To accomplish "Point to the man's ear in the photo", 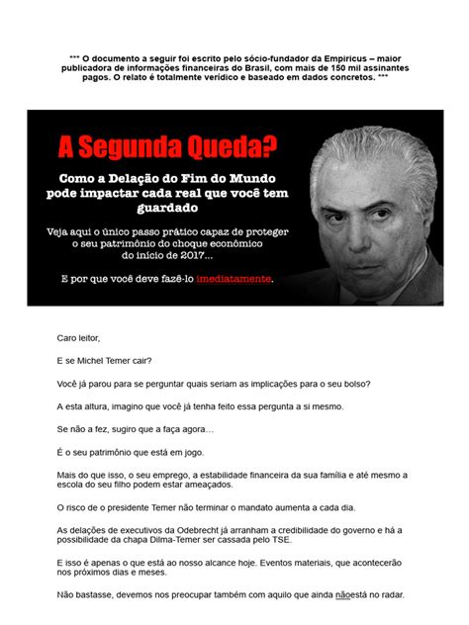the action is [420, 203].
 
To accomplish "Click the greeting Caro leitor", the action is [79, 338].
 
